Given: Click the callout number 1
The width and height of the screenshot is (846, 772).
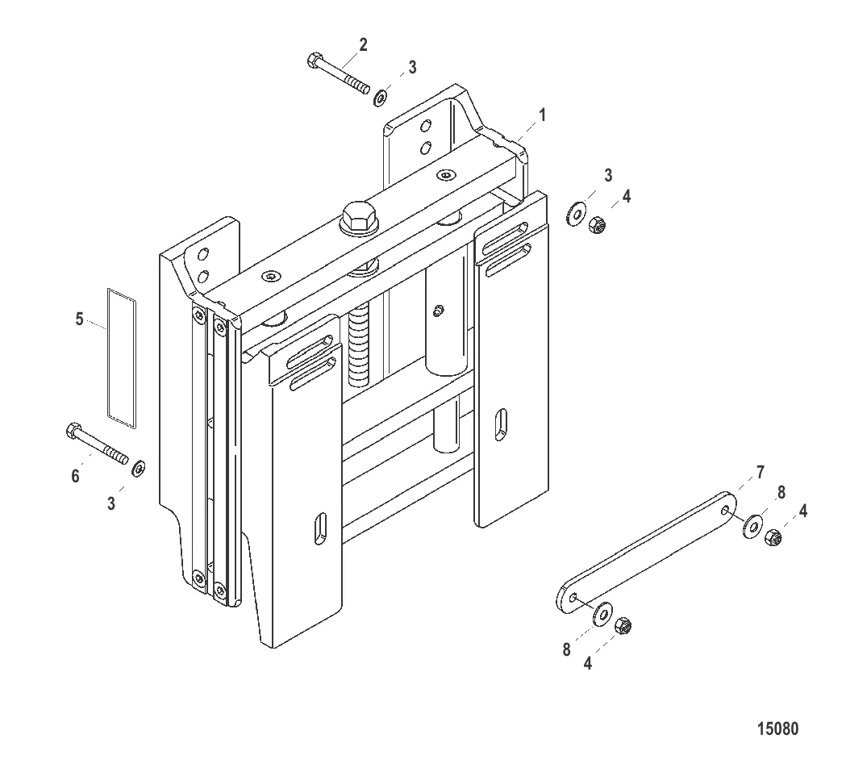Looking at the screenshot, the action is click(x=542, y=115).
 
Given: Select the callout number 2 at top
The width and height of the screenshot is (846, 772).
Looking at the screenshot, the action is click(x=363, y=45).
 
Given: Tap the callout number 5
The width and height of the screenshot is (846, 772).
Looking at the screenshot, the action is click(x=79, y=319).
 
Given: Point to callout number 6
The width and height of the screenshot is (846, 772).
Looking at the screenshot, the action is click(x=76, y=476).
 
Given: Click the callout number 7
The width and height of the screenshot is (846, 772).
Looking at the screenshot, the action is click(x=761, y=473).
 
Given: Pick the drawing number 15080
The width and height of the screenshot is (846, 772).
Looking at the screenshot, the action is click(x=777, y=728).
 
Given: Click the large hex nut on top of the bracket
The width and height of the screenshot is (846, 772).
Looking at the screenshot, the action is click(x=359, y=218).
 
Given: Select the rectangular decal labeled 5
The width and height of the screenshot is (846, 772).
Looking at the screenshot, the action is click(x=122, y=358).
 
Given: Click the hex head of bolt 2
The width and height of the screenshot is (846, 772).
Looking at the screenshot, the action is click(x=315, y=60).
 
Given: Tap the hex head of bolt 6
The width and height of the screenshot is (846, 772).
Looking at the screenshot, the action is click(x=73, y=431).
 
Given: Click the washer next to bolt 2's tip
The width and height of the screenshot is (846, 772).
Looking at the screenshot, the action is click(x=381, y=98).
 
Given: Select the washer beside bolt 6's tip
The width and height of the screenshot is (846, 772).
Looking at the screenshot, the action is click(x=139, y=468).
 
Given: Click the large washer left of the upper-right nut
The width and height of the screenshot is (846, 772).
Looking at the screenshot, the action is click(x=576, y=215).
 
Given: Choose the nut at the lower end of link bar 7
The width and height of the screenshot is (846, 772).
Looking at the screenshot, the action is click(x=623, y=626).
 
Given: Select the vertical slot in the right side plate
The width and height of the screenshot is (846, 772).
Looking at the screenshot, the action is click(x=502, y=425).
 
